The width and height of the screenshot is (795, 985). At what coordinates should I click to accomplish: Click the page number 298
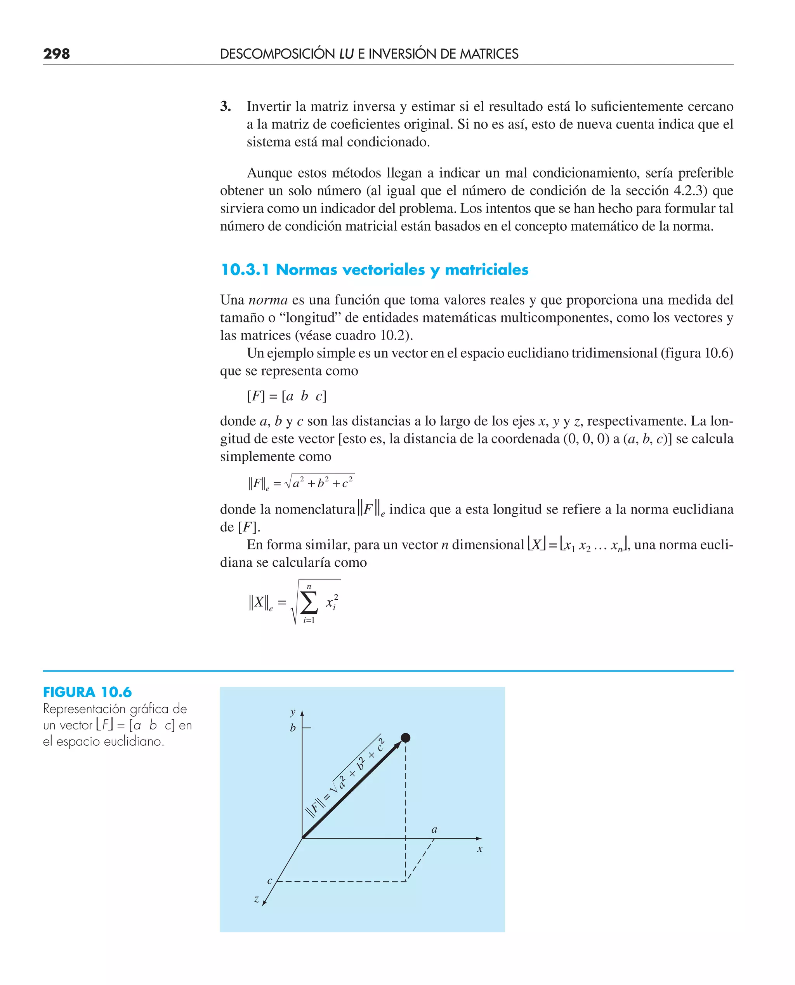pyautogui.click(x=56, y=54)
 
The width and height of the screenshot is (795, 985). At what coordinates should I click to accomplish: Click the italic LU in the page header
pyautogui.click(x=346, y=54)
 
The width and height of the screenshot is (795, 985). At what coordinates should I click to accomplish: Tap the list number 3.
pyautogui.click(x=225, y=106)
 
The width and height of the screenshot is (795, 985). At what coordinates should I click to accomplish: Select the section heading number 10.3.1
pyautogui.click(x=245, y=270)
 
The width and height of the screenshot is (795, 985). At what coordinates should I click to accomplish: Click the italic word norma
pyautogui.click(x=268, y=300)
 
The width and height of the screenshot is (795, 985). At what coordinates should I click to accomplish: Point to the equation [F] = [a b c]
pyautogui.click(x=287, y=396)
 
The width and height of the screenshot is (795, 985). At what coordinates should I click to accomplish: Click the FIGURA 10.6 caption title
pyautogui.click(x=87, y=692)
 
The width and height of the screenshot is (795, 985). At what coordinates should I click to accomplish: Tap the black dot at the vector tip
pyautogui.click(x=405, y=738)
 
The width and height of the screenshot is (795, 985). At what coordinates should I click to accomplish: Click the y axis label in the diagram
pyautogui.click(x=293, y=712)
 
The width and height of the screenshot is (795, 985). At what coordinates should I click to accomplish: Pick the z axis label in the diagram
pyautogui.click(x=257, y=899)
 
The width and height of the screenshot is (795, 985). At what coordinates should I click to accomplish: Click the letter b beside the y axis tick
pyautogui.click(x=293, y=727)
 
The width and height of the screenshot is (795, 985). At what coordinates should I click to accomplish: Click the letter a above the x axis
pyautogui.click(x=434, y=829)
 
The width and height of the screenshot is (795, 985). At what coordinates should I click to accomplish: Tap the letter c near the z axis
pyautogui.click(x=270, y=881)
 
